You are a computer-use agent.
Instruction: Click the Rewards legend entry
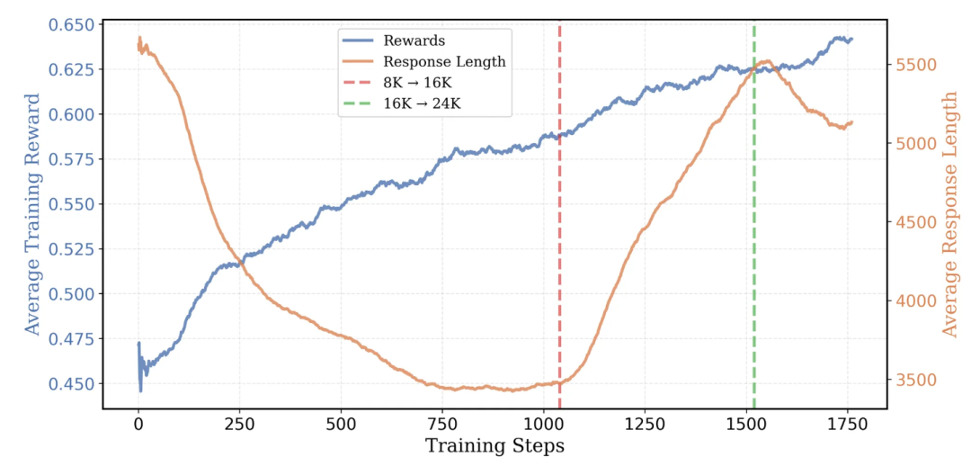pos(414,41)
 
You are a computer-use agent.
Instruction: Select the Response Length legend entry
pos(443,62)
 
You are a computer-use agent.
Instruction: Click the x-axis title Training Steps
pos(494,446)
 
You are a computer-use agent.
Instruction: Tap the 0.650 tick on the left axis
pos(72,24)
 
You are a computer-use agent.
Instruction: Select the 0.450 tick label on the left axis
pos(72,384)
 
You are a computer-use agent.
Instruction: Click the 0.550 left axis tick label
pos(72,204)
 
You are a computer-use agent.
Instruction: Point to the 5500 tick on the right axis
pos(915,65)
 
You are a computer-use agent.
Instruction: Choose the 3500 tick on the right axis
pos(915,380)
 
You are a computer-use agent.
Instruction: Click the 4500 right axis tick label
pos(915,222)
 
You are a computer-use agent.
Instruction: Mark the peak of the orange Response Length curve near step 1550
pos(766,61)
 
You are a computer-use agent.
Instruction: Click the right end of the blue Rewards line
pos(851,40)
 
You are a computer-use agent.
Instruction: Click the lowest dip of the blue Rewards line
pos(140,390)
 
